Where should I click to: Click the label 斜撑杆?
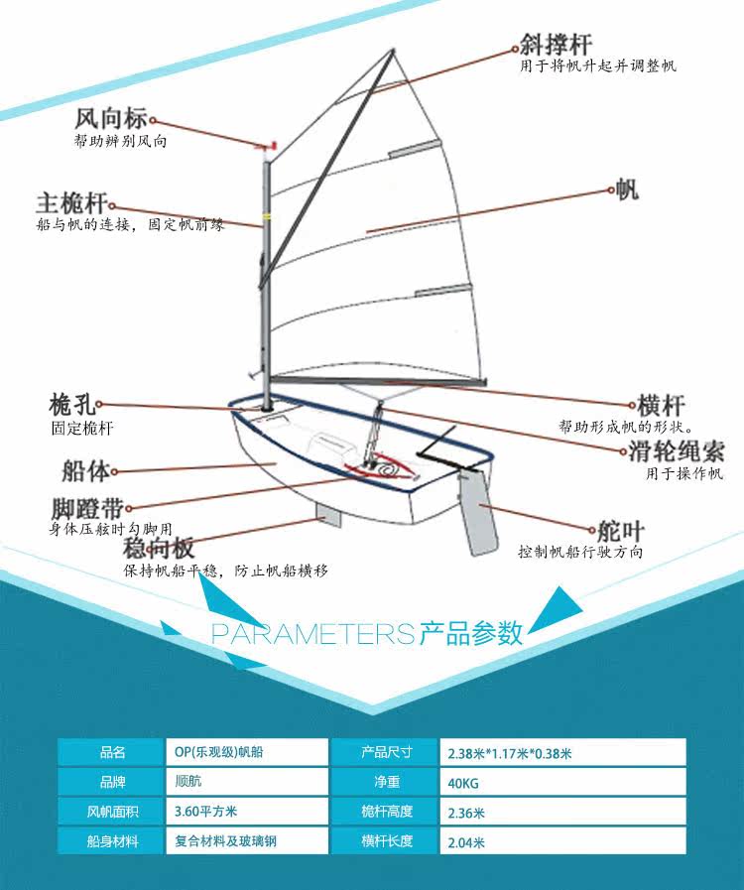[556, 45]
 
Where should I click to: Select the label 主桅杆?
[70, 202]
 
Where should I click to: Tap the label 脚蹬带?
[85, 509]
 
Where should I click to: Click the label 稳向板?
[158, 548]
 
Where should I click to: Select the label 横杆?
[661, 406]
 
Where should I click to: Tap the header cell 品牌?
[113, 782]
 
